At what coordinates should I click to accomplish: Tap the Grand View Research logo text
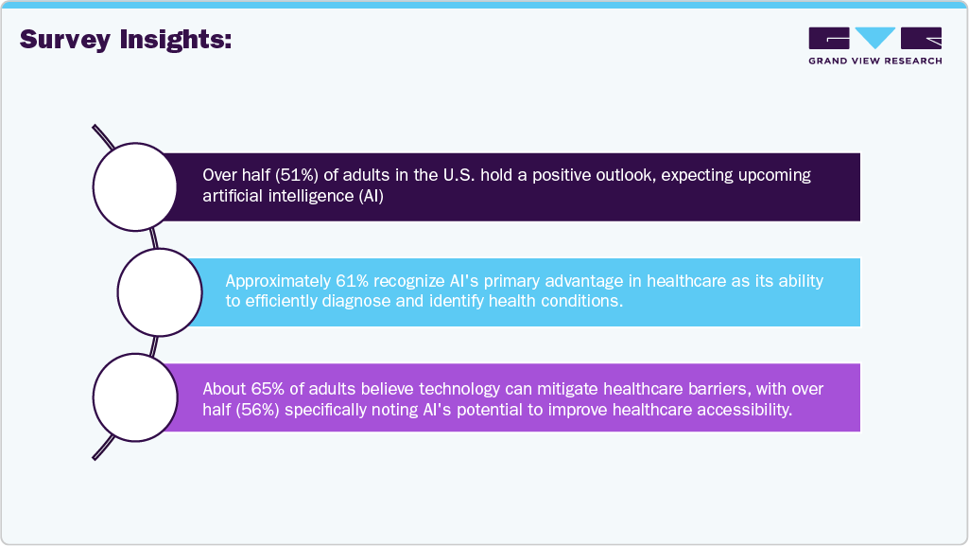(874, 62)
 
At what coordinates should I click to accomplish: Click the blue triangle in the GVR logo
(875, 37)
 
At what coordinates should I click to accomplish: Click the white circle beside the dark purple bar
(135, 186)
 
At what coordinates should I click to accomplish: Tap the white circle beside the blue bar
(159, 291)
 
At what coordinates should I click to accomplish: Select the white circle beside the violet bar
(135, 396)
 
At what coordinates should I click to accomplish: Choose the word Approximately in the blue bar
(272, 281)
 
